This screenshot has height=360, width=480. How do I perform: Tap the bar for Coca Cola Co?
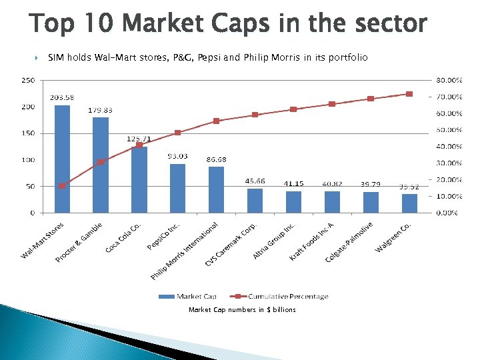click(x=139, y=179)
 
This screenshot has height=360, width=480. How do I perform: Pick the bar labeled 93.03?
click(x=178, y=188)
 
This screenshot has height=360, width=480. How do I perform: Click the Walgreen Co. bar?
click(x=409, y=203)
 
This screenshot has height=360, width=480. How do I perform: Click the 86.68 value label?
click(x=217, y=160)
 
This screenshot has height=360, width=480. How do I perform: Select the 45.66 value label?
click(x=255, y=181)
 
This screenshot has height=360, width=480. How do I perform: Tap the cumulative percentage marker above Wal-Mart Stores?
click(x=62, y=186)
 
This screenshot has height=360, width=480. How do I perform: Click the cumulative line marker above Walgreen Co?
click(x=409, y=94)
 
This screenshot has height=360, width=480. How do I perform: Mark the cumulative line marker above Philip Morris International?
click(x=217, y=121)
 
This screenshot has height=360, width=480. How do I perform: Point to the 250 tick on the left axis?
click(x=29, y=80)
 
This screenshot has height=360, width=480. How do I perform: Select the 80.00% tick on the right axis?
click(x=449, y=80)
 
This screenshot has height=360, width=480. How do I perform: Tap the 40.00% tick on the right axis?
click(x=449, y=147)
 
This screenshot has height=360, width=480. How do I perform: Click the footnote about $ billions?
click(x=242, y=309)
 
